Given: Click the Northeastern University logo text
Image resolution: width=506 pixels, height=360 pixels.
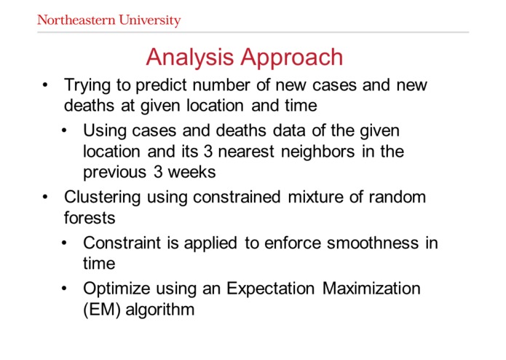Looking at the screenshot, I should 108,20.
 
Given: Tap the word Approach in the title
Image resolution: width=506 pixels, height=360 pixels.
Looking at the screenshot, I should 294,57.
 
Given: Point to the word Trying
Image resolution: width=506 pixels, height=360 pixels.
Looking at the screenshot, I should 88,86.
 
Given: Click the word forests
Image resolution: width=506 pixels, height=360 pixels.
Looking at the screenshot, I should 89,218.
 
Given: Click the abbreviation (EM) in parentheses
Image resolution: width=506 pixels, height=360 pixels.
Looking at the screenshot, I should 101,309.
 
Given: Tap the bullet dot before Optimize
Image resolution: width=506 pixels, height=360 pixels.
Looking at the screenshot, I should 66,289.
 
